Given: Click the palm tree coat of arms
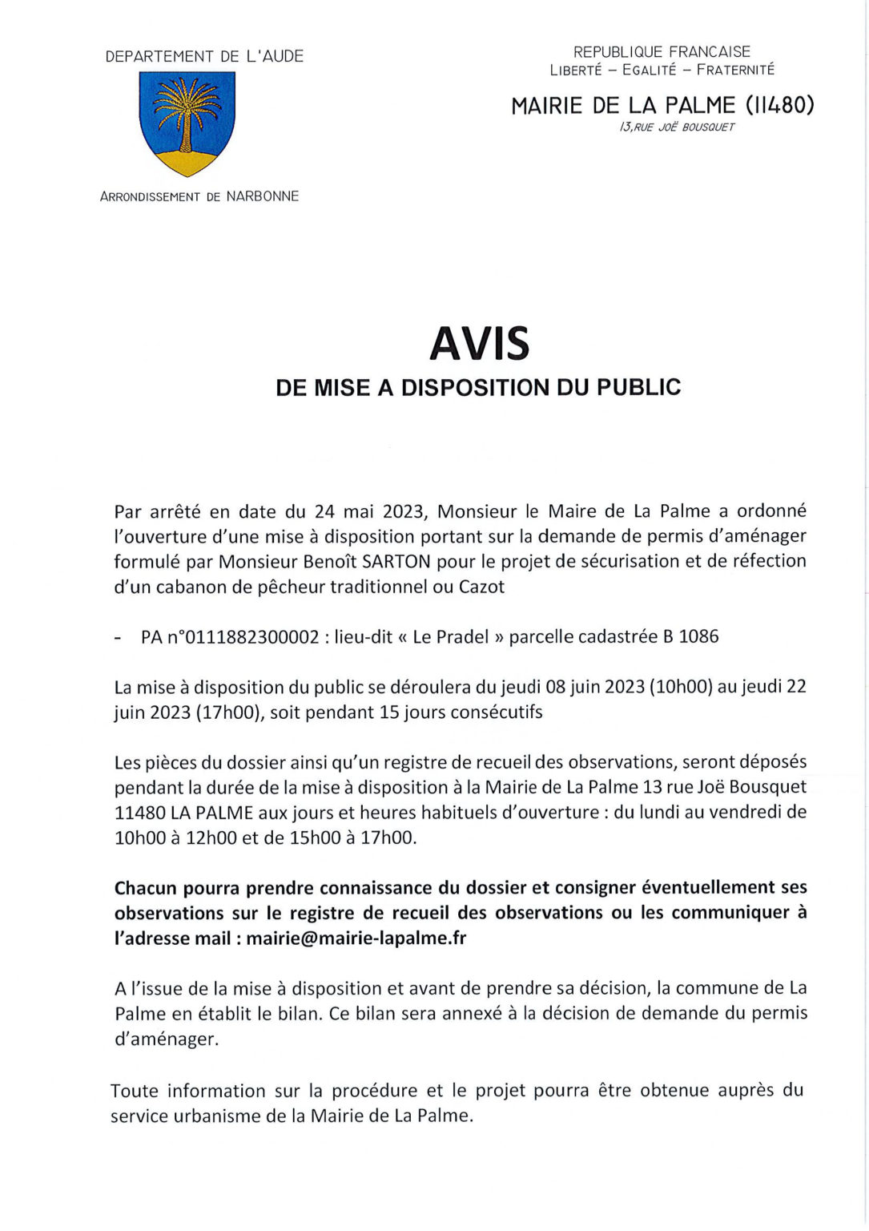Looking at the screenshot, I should tap(188, 123).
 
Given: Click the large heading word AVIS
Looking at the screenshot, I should tap(479, 343).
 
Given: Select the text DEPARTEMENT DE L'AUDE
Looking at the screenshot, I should tap(204, 56).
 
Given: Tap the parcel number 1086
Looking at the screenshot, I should tap(698, 637).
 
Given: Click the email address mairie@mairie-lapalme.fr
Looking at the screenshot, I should tap(356, 938).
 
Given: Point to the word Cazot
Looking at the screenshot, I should tap(481, 587).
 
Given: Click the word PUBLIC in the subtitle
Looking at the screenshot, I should tap(639, 388).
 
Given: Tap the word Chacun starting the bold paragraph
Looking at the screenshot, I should tap(146, 887).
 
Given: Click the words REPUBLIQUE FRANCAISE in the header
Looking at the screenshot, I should tap(662, 52).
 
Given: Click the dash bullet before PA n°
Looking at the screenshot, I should tap(119, 639).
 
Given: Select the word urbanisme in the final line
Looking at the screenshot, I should tap(209, 1116).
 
